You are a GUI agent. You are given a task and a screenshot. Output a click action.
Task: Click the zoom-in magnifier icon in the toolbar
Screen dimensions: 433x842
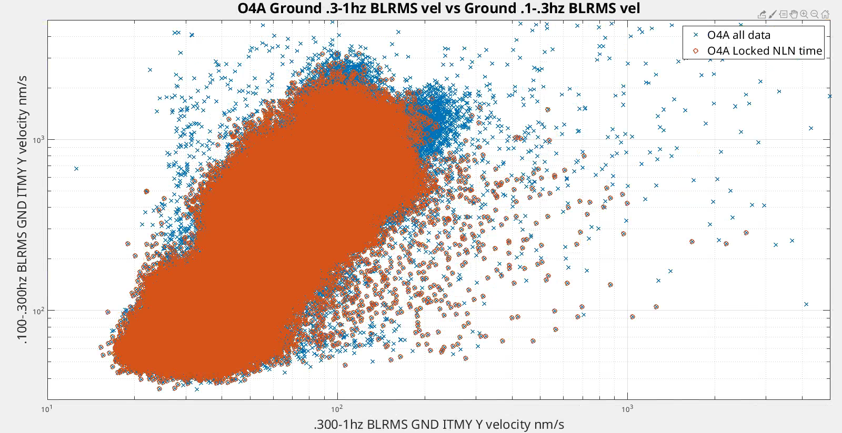tap(804, 14)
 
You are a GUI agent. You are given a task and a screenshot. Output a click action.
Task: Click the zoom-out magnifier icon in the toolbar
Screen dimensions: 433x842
tap(815, 14)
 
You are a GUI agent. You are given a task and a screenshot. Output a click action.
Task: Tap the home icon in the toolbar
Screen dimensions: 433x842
tap(825, 14)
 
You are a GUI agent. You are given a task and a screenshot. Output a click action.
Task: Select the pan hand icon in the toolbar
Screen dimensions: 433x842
tap(794, 14)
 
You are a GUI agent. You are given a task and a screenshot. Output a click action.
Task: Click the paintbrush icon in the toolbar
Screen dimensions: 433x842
tap(773, 14)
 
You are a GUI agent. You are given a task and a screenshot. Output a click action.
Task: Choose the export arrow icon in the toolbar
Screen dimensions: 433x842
tap(763, 14)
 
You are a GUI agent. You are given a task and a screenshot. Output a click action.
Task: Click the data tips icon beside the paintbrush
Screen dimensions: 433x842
tap(783, 14)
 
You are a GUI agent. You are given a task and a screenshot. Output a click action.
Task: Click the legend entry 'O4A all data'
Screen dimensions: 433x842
tap(738, 35)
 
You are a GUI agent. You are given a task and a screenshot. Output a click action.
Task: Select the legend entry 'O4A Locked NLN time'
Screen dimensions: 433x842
tap(764, 51)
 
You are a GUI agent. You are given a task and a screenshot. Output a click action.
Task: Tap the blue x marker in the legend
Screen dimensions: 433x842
tap(695, 35)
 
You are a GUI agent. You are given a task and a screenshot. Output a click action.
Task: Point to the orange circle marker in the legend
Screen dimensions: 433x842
tap(695, 51)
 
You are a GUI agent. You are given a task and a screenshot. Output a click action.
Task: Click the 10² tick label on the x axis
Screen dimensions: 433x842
tap(337, 409)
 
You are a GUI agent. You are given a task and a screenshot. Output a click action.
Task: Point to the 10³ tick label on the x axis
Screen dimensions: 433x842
tap(627, 409)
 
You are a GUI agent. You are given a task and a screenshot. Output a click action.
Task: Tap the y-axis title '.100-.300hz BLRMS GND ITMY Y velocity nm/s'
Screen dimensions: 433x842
tap(24, 210)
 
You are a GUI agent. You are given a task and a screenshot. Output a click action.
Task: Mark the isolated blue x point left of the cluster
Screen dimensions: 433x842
tap(76, 169)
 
